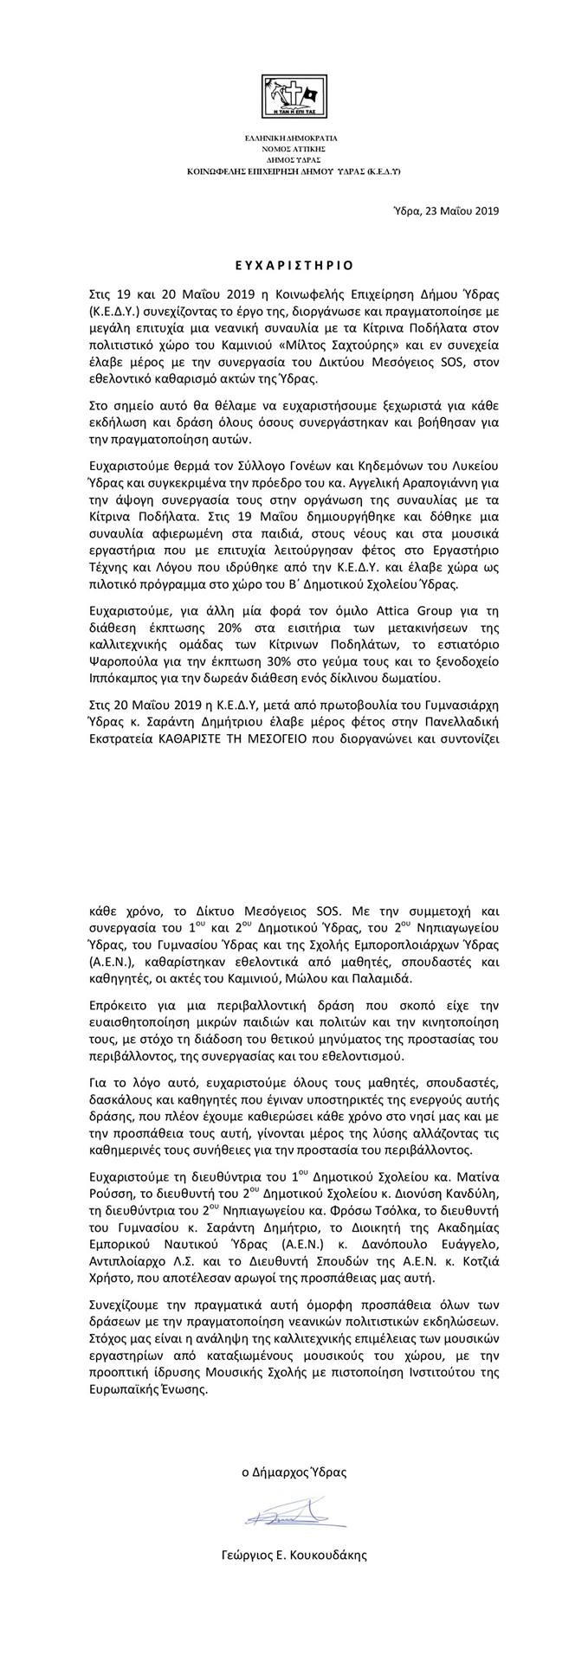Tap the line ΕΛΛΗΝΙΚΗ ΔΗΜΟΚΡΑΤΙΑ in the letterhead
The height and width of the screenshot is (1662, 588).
tap(294, 137)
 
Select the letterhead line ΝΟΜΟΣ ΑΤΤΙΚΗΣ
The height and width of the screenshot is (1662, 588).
tap(294, 148)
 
